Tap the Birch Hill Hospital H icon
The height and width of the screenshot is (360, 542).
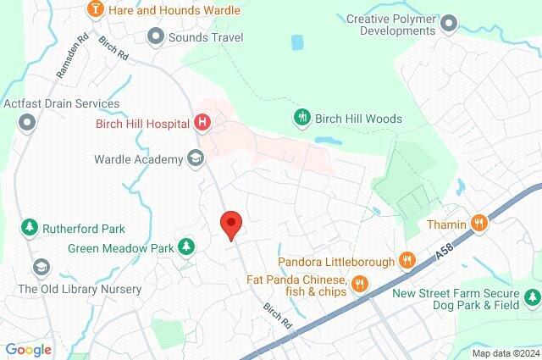[202, 123]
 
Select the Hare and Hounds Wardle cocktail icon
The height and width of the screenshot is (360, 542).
[95, 9]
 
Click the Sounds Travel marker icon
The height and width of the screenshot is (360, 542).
[156, 37]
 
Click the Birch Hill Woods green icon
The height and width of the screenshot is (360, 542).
[301, 119]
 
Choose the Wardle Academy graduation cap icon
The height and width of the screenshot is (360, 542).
[196, 158]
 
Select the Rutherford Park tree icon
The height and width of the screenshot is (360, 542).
[30, 228]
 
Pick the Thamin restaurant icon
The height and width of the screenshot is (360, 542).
[479, 224]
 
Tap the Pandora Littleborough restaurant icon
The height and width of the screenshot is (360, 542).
[407, 260]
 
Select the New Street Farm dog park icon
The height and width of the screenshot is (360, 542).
[531, 297]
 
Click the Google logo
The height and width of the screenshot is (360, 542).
[28, 349]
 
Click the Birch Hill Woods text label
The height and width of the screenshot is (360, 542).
[358, 119]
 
